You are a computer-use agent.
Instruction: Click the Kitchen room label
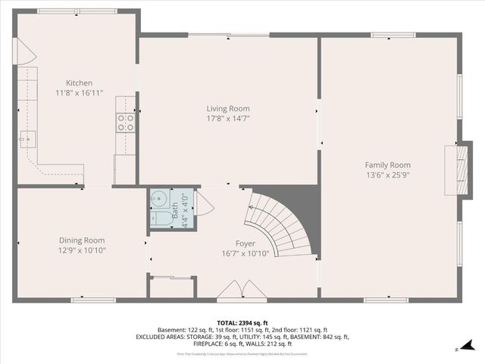[79, 83]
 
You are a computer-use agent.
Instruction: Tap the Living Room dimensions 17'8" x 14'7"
[228, 118]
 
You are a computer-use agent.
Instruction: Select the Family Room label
[387, 165]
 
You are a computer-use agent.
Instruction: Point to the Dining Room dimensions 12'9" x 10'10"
[82, 250]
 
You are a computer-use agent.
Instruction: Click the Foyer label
[244, 243]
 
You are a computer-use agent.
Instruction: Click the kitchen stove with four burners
[124, 123]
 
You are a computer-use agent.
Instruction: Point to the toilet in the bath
[160, 219]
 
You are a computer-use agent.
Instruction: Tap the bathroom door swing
[203, 202]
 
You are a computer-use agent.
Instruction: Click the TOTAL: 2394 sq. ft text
[242, 322]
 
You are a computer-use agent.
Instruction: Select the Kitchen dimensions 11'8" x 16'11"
[79, 93]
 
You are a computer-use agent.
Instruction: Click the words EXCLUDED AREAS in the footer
[161, 337]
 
